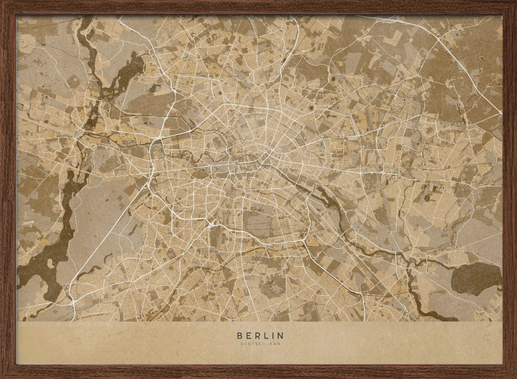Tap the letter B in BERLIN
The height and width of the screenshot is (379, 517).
(x=238, y=336)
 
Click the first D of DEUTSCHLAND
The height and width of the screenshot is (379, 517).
(x=241, y=343)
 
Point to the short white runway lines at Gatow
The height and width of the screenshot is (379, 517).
(x=28, y=222)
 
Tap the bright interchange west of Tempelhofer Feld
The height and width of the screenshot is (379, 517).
(x=212, y=224)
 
